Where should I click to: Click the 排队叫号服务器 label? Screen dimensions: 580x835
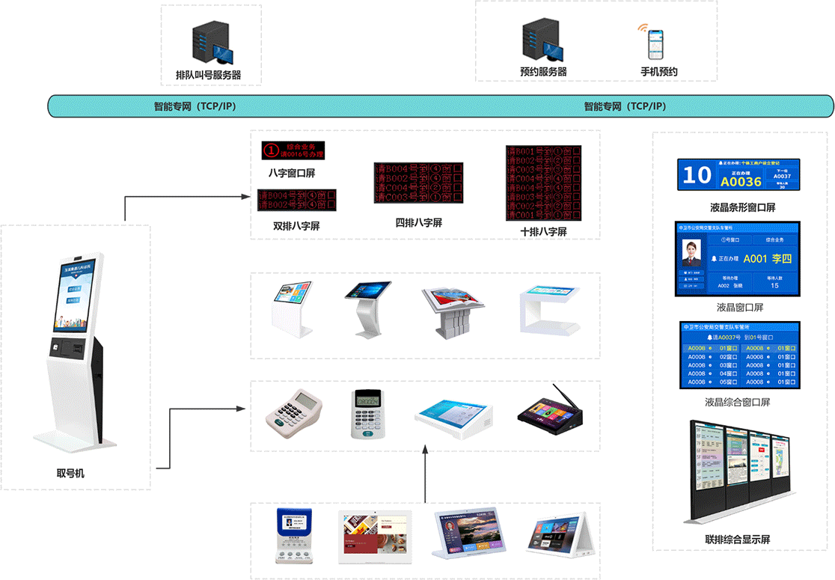point(208,76)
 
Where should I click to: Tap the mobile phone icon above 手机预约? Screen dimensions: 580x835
point(655,45)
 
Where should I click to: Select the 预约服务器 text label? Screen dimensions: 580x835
point(543,72)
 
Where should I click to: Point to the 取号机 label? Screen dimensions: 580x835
point(76,472)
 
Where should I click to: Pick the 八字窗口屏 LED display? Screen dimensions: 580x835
point(297,150)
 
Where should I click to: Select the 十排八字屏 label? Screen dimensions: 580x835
point(543,232)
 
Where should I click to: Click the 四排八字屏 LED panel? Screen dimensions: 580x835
point(418,183)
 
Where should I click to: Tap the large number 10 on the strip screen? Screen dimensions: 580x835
point(697,175)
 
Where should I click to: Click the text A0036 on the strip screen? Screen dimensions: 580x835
point(740,181)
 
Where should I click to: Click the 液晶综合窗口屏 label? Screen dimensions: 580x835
point(737,402)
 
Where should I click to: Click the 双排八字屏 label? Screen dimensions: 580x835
point(296,225)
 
